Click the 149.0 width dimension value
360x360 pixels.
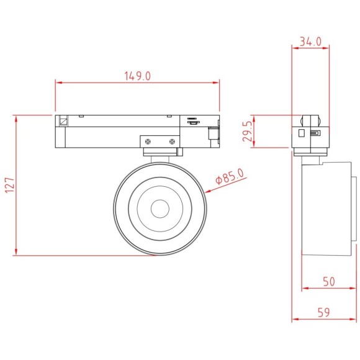point(138,76)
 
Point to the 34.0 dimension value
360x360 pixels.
point(310,42)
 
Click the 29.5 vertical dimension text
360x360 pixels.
point(247,132)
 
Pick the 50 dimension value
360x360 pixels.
point(329,281)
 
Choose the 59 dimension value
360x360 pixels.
point(324,312)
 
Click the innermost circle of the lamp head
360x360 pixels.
point(159,208)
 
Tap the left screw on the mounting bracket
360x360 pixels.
point(148,142)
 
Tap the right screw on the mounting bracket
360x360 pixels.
point(170,142)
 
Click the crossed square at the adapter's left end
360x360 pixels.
point(63,121)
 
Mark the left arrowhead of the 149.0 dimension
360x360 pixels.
point(58,81)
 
